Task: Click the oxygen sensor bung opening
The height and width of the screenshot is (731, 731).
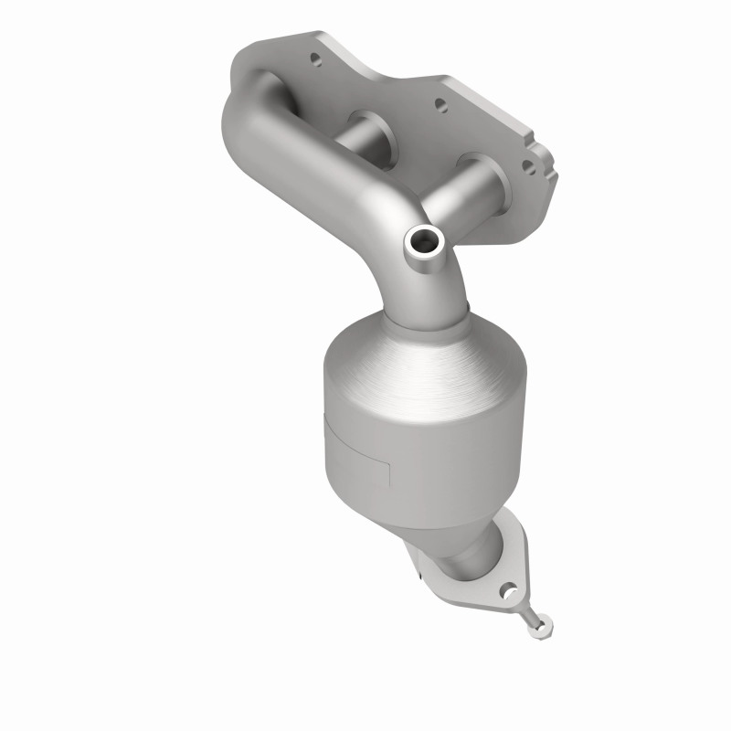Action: [424, 242]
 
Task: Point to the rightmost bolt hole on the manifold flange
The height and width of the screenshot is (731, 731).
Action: [527, 166]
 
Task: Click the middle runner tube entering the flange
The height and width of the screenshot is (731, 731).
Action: [370, 137]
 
